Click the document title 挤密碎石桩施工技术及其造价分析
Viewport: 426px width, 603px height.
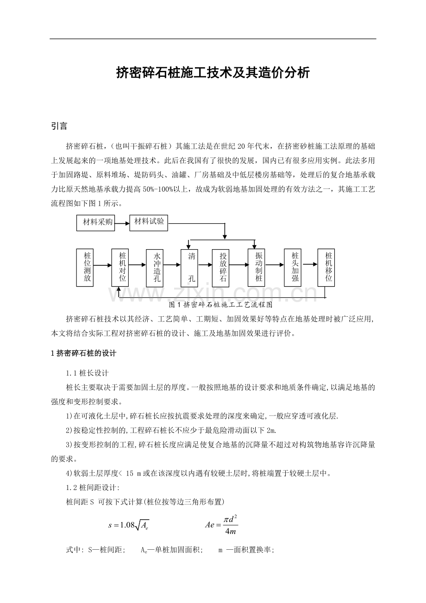(213, 73)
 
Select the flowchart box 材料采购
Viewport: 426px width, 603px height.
(95, 223)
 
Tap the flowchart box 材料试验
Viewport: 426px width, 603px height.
(149, 222)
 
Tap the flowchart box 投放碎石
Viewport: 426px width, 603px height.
(223, 267)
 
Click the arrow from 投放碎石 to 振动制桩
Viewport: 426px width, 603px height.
(241, 265)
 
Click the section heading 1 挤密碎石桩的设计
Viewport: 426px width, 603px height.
(83, 353)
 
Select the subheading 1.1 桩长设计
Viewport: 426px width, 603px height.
(88, 373)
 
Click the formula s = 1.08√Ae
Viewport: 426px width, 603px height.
(128, 525)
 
